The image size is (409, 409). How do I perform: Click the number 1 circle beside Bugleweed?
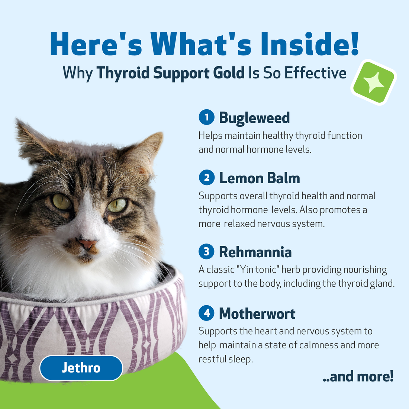click(207, 117)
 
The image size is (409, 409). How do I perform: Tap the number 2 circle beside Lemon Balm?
click(207, 177)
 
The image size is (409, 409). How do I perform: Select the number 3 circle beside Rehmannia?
click(207, 251)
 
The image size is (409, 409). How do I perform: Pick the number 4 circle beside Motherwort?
click(207, 313)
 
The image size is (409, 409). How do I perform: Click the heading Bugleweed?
click(254, 117)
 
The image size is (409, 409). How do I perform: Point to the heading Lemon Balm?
click(260, 178)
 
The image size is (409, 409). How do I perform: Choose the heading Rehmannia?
click(255, 252)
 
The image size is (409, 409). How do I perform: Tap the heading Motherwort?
click(257, 314)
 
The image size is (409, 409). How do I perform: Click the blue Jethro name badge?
click(81, 368)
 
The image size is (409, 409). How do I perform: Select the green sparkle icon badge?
click(374, 81)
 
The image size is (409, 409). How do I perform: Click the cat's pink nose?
click(87, 244)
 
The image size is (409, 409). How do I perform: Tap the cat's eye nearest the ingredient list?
click(117, 205)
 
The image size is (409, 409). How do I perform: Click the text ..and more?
click(358, 376)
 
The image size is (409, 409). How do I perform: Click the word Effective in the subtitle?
click(315, 73)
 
